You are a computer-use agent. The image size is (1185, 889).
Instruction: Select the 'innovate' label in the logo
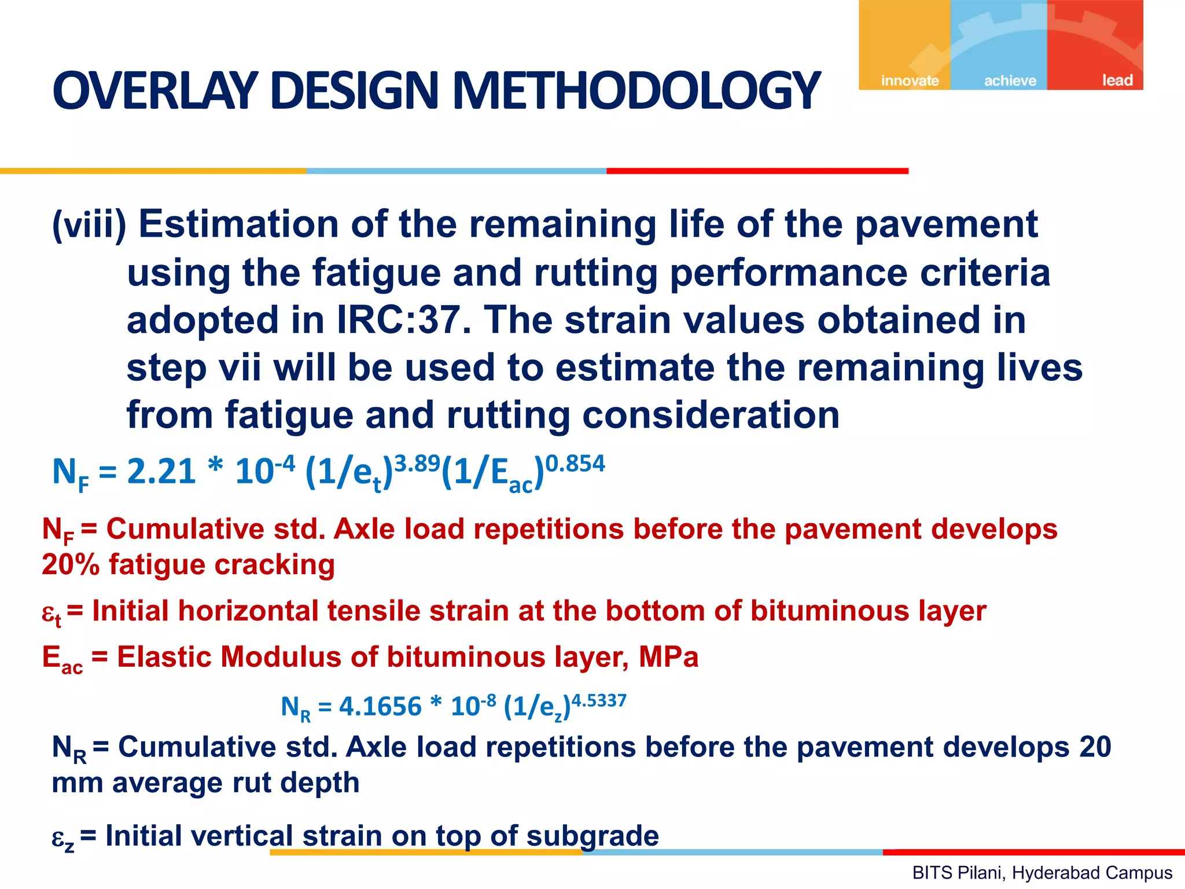910,80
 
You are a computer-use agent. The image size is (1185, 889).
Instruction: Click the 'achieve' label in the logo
1010,80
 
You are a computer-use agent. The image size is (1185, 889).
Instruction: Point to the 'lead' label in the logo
1117,80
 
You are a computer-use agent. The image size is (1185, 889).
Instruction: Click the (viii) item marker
89,225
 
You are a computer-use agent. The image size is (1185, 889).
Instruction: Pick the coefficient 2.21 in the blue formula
161,472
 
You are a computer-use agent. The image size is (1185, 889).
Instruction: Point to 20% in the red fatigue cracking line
70,564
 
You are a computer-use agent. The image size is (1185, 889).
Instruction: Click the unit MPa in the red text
669,657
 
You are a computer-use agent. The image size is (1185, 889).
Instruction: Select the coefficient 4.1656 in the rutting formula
380,707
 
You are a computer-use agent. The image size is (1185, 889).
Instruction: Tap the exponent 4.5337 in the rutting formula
599,701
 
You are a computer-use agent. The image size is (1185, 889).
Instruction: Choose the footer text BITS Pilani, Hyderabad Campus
1042,872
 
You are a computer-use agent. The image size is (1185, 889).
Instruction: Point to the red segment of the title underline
757,171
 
